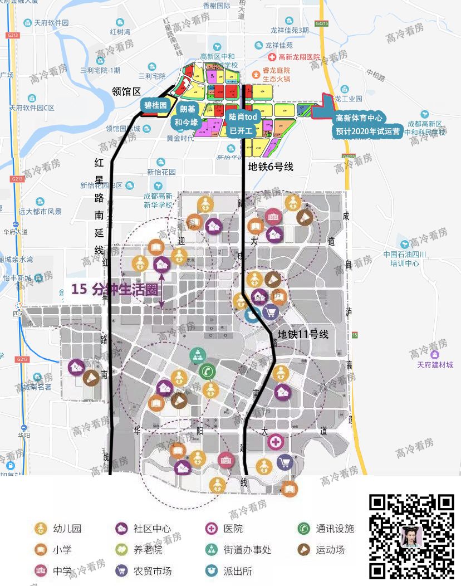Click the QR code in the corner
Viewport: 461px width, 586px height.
[412, 535]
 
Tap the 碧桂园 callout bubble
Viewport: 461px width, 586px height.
[155, 104]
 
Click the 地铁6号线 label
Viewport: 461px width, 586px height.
[271, 165]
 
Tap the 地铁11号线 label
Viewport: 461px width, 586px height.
[303, 334]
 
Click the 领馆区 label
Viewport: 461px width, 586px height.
[127, 91]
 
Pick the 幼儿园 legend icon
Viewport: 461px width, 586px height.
[40, 528]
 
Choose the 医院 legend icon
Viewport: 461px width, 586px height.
[212, 528]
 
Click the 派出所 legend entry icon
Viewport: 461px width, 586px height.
[212, 570]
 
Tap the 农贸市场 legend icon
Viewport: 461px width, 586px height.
[121, 570]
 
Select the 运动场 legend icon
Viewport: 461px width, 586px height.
[303, 549]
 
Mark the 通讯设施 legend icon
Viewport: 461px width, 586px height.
[303, 528]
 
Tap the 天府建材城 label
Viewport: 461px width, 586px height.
[435, 364]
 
